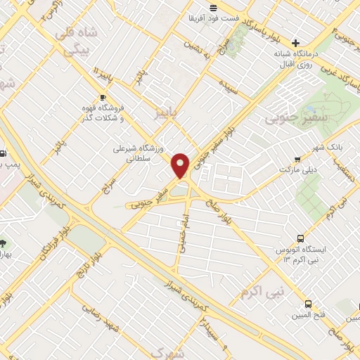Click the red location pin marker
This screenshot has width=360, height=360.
[x=181, y=165]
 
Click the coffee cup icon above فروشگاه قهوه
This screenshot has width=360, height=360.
[x=103, y=97]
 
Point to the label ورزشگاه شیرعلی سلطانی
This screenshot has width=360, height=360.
[x=138, y=154]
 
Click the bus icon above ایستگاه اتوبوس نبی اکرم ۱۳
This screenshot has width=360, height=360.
[x=301, y=238]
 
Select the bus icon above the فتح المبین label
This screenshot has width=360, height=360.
[x=308, y=304]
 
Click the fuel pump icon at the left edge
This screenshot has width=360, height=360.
[x=3, y=153]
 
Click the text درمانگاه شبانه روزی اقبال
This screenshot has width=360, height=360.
[x=296, y=60]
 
